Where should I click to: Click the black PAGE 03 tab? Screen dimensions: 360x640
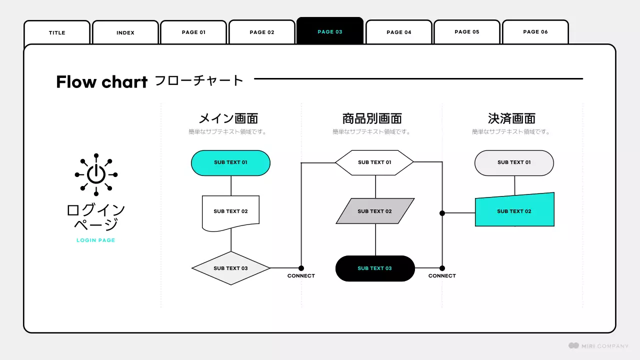330,31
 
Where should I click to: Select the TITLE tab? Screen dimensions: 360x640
57,32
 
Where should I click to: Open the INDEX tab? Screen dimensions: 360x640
125,32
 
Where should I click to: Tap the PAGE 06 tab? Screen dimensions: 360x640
535,32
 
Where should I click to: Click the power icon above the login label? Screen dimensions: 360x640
96,174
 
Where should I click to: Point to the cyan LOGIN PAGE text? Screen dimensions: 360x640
96,240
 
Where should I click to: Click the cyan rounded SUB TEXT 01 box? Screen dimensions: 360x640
230,162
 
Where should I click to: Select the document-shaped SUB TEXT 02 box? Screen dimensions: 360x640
230,211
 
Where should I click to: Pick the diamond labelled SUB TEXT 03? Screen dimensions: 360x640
230,268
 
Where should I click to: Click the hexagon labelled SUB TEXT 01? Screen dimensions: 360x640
374,162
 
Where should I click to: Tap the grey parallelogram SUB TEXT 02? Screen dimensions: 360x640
374,211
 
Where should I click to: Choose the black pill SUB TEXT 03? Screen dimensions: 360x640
374,268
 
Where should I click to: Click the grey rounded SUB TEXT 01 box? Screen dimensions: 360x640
514,162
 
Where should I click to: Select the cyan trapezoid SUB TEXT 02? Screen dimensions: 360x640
514,211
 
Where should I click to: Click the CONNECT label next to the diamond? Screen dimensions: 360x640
301,276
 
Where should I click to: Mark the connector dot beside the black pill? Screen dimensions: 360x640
442,268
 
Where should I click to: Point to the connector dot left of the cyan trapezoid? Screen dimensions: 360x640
442,213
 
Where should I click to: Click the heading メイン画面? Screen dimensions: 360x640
228,118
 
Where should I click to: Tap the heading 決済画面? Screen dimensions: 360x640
511,118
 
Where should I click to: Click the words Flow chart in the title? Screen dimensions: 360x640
101,81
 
